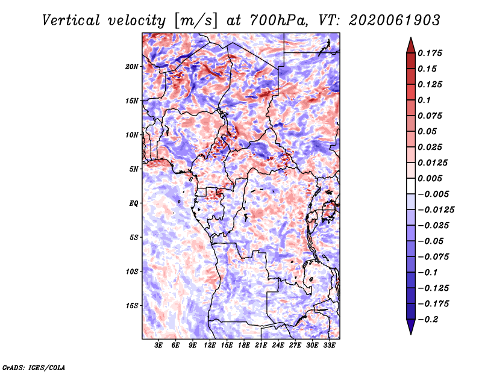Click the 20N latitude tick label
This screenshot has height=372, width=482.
tap(132, 67)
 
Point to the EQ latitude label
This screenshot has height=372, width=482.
tap(134, 203)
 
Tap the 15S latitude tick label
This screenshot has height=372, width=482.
tap(132, 306)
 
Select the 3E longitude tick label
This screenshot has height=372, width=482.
tap(158, 345)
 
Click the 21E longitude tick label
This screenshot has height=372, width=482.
tap(261, 345)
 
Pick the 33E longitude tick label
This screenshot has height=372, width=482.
tap(329, 345)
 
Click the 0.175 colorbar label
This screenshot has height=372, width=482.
tap(430, 53)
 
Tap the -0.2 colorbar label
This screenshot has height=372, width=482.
tap(428, 320)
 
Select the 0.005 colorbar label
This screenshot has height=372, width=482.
tap(430, 178)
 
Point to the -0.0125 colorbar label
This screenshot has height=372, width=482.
tap(436, 210)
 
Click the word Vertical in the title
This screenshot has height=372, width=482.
tap(71, 20)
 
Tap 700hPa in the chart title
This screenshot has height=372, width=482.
tap(279, 20)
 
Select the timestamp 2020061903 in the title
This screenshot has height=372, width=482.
tap(395, 20)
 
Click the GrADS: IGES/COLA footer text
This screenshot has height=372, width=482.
tap(34, 367)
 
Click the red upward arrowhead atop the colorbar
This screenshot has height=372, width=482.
tap(411, 45)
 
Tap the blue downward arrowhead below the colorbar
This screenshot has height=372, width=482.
tap(411, 327)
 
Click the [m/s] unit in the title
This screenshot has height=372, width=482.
tap(196, 20)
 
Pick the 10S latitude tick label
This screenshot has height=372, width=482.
tap(132, 271)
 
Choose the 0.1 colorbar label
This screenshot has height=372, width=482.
tap(424, 100)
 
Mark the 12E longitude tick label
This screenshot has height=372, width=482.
tap(210, 345)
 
